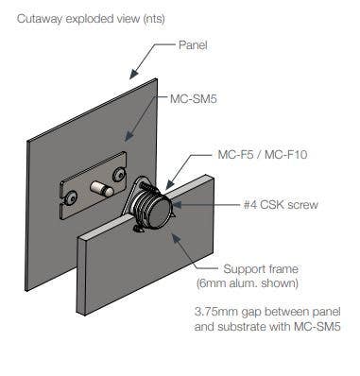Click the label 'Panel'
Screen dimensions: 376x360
coord(195,44)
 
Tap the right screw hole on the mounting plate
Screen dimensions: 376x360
coord(119,176)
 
